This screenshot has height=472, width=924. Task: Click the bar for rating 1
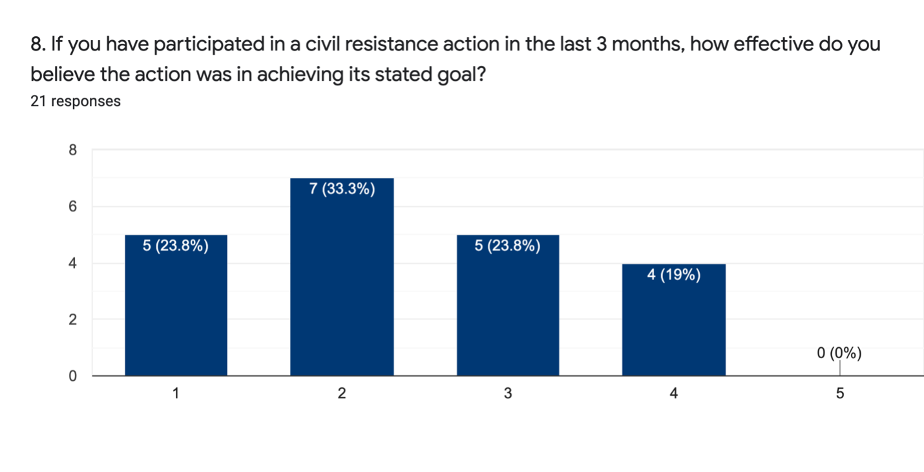coord(176,305)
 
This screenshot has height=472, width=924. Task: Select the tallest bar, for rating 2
coord(342,277)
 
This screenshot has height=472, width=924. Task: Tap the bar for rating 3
coord(508,305)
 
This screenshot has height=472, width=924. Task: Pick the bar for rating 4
coord(673,319)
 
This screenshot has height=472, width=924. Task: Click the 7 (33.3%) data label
coord(342,189)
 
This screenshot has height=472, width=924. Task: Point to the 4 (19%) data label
coord(673,275)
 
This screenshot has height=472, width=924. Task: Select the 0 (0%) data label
coord(839,353)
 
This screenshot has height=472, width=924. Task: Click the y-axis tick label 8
coord(72,150)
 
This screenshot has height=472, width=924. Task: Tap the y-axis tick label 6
coord(72,206)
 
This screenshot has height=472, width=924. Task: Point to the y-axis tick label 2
coord(72,319)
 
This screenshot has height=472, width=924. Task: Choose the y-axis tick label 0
coord(72,376)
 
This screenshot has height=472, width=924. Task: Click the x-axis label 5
coord(840,393)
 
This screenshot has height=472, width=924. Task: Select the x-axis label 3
coord(508,393)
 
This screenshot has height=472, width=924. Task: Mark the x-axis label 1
coord(176,393)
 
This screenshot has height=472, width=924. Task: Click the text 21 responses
coord(76,101)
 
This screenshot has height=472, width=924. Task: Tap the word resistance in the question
coord(391,44)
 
